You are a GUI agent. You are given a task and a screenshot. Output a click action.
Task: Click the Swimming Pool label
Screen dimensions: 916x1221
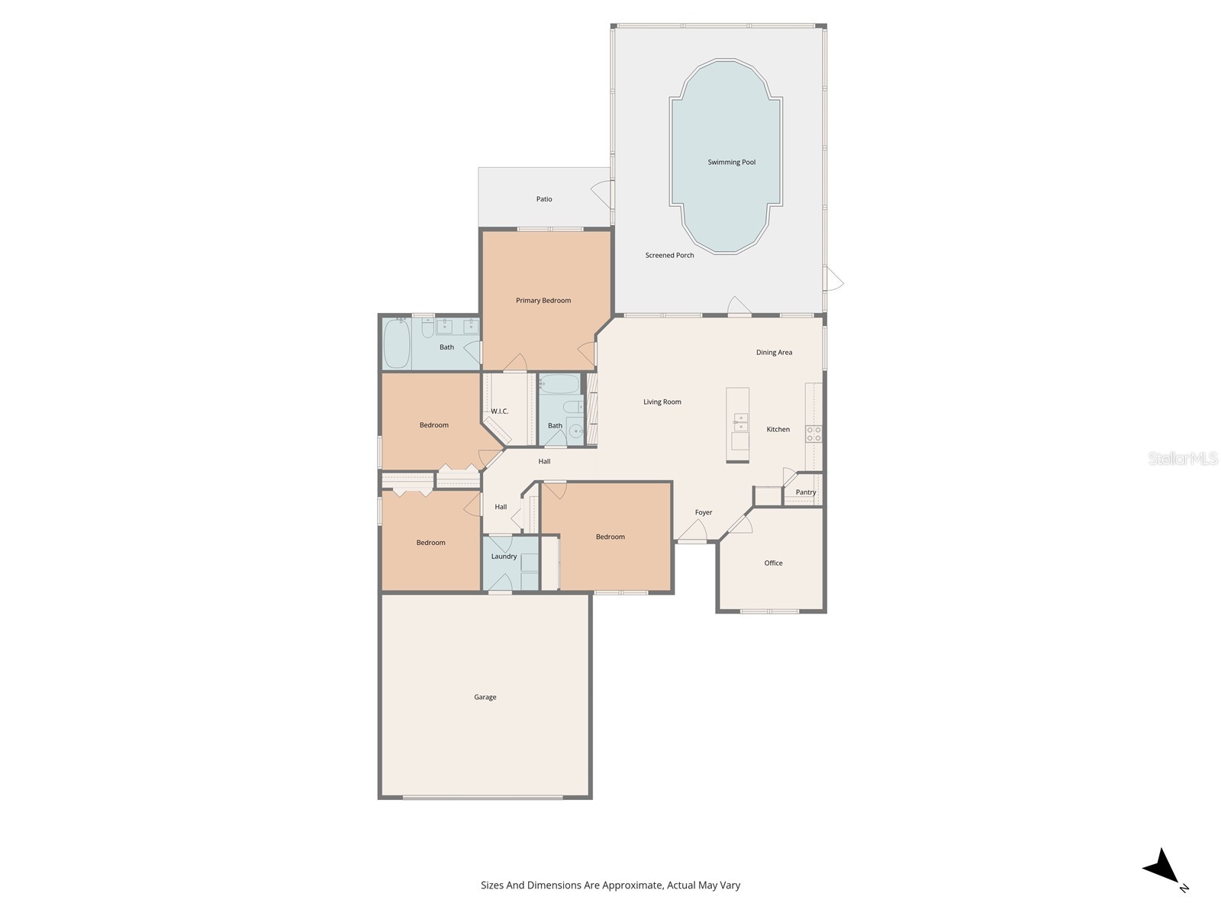731,162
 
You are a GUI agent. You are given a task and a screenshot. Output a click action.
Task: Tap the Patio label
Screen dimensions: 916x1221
543,199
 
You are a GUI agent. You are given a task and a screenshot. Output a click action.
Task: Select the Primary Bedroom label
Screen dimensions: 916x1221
543,301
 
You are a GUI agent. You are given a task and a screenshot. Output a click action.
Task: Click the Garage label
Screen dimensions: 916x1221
485,697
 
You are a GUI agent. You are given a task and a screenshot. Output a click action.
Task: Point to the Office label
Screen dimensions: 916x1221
773,563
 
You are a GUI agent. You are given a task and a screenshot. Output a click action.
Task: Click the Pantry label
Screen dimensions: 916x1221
805,492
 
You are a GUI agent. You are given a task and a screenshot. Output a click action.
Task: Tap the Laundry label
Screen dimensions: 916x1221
504,556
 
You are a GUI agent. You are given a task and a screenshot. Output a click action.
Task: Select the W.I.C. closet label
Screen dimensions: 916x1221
499,411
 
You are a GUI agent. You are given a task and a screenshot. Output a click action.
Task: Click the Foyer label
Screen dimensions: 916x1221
703,513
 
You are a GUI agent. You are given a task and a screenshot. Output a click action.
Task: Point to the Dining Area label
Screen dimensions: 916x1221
774,353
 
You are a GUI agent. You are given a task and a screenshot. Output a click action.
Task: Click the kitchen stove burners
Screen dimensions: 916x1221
813,434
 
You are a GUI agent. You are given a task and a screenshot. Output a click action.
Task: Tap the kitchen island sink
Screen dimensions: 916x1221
740,419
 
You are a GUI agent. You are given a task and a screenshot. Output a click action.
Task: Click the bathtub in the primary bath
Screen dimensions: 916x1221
397,344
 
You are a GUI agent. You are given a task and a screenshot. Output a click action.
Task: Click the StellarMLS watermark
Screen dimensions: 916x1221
1182,458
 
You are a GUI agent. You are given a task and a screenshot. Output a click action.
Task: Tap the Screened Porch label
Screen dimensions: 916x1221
669,256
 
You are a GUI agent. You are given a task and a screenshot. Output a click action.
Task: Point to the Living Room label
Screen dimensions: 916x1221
662,402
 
